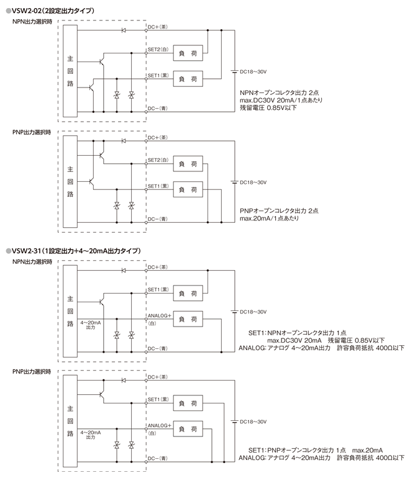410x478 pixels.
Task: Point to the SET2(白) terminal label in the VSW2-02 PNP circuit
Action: point(158,160)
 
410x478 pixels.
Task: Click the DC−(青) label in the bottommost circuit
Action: point(158,459)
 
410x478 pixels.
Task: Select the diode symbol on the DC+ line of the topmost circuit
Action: point(123,30)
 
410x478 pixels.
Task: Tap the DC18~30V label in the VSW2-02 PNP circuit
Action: point(253,183)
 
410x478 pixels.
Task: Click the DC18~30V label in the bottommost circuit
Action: point(253,421)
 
